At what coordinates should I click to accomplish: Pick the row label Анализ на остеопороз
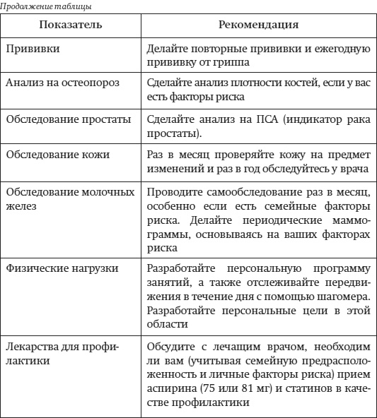tap(62, 83)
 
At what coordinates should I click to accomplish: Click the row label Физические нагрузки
tap(62, 269)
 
